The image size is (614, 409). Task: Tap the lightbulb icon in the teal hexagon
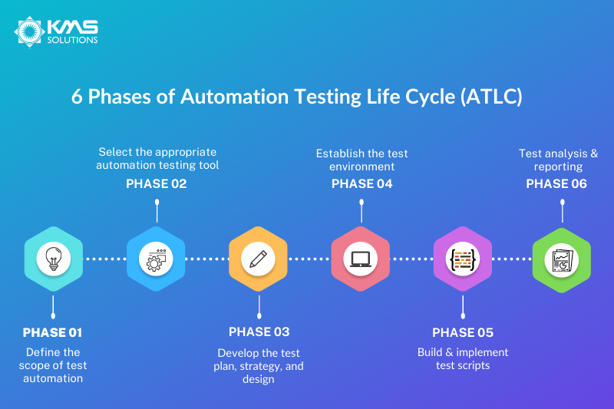point(54,259)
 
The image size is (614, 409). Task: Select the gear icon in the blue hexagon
point(156,259)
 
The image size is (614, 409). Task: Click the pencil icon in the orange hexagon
point(258,259)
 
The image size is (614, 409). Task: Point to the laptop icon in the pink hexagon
point(361,259)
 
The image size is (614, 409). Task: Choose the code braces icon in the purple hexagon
point(463,259)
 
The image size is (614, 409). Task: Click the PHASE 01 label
point(52,332)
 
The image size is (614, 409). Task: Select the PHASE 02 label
point(157,183)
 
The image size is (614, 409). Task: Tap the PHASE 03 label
point(259,332)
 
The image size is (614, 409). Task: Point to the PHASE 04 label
point(362,183)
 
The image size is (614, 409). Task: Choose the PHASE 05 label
point(463,332)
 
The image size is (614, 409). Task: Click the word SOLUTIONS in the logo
point(72,40)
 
